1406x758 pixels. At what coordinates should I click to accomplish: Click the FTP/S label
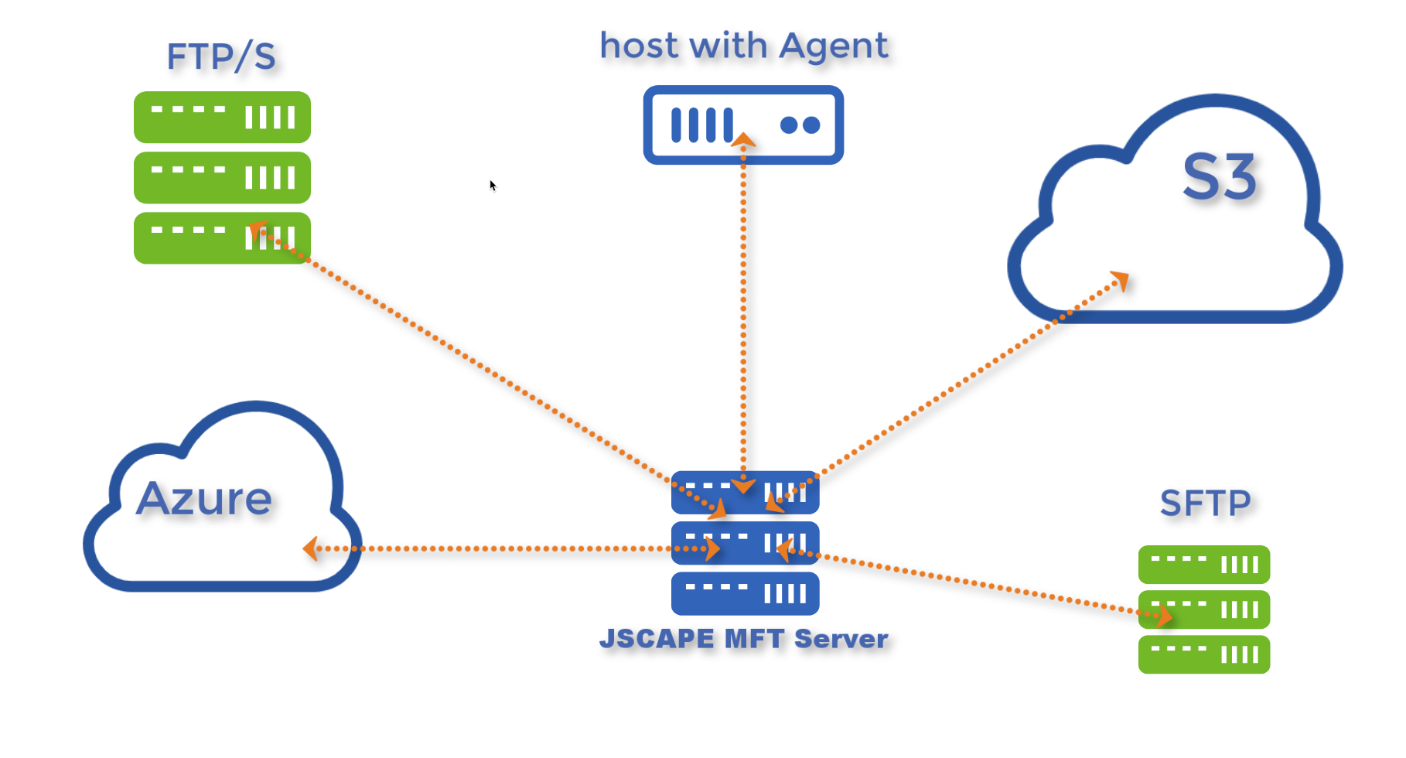coord(221,56)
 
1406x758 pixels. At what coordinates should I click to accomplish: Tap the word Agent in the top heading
coord(833,46)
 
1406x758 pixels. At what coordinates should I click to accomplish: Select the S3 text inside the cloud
coord(1219,177)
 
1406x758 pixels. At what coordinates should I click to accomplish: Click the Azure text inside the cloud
coord(204,498)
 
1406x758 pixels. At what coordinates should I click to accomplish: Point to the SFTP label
coord(1205,504)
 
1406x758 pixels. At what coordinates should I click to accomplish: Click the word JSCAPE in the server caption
coord(657,639)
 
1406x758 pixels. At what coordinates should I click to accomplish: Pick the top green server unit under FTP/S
coord(222,117)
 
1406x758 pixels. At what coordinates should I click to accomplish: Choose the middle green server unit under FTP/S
coord(222,178)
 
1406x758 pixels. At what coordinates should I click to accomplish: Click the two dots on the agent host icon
coord(800,125)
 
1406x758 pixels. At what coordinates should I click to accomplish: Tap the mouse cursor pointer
coord(492,185)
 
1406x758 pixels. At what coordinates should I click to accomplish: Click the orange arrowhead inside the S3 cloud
coord(1120,280)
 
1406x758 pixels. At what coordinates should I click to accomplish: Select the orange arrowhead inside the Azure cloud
coord(311,548)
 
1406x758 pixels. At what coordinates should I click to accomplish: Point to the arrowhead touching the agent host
coord(743,140)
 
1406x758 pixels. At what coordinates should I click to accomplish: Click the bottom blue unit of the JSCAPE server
coord(745,593)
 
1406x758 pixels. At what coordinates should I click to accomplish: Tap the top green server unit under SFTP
coord(1203,565)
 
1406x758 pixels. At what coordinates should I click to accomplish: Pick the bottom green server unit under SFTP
coord(1203,654)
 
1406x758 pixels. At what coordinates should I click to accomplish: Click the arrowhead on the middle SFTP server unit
coord(1164,616)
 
